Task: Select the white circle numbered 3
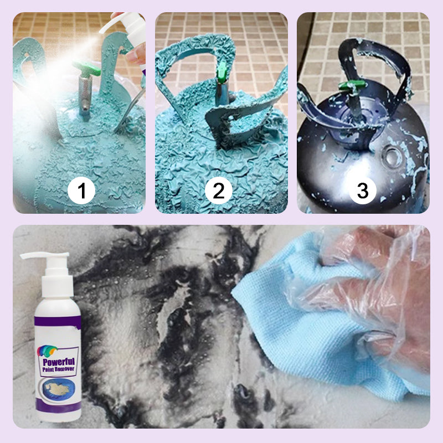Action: (362, 191)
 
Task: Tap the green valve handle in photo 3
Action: (348, 86)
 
